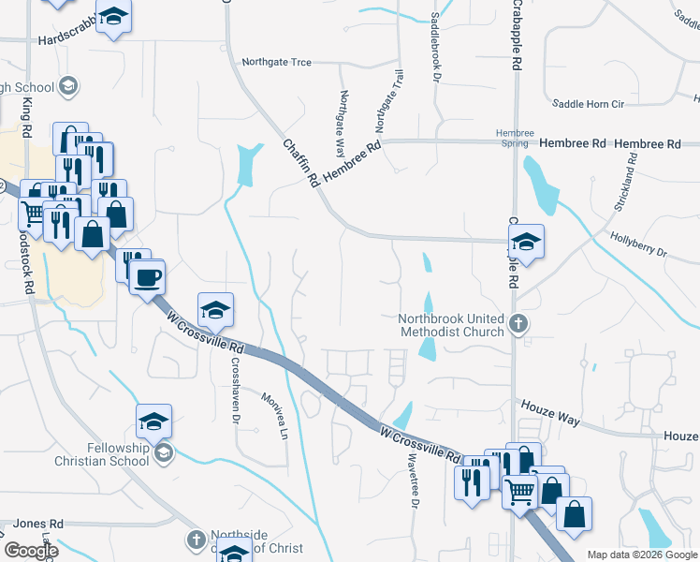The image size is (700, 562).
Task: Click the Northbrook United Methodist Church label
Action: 451,325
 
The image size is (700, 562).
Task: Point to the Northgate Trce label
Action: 275,63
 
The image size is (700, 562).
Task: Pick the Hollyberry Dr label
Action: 637,246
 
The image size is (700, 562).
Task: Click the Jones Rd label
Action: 38,524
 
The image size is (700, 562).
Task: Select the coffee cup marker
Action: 148,277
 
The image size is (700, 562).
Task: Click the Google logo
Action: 31,551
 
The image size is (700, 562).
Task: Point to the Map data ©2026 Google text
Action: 642,555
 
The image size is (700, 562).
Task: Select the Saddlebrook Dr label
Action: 436,47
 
